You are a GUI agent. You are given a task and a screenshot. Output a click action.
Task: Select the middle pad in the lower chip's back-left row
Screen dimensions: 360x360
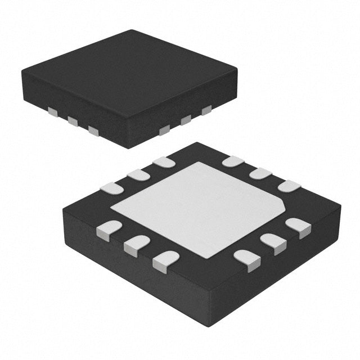138,175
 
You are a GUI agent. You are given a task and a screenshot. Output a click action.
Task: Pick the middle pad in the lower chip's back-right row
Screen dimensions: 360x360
260,173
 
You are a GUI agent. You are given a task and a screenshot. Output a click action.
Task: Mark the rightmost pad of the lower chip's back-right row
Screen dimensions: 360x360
289,186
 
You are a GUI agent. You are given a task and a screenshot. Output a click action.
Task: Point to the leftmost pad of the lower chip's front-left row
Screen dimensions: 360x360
109,229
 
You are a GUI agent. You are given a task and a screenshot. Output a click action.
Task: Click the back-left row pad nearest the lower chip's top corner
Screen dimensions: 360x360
164,162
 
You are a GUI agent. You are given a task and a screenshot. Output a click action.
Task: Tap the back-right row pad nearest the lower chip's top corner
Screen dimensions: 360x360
232,161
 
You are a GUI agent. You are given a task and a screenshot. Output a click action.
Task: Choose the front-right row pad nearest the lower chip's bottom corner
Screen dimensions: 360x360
247,259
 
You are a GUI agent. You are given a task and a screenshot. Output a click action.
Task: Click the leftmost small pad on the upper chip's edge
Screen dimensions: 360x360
52,113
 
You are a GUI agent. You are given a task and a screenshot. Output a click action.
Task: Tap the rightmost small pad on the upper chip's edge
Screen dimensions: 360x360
206,110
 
